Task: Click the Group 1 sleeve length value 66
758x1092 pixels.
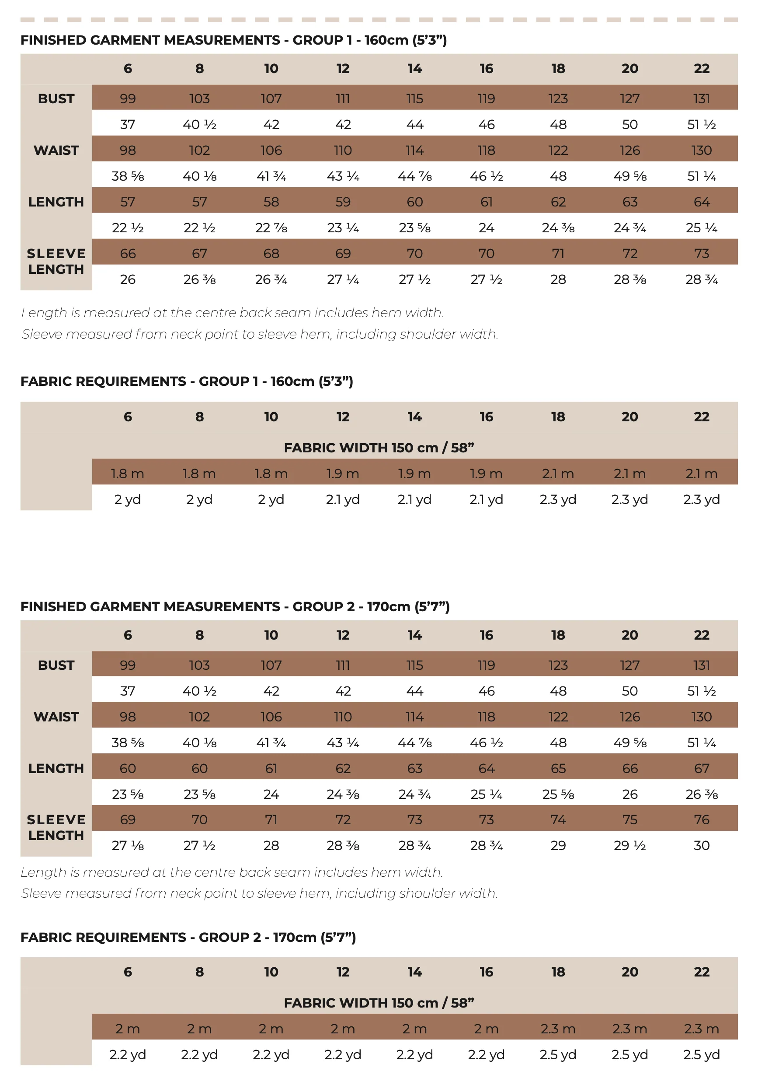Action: [x=128, y=253]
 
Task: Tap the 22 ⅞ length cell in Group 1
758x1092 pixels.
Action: [x=271, y=227]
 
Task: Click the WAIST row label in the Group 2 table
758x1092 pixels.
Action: [x=56, y=717]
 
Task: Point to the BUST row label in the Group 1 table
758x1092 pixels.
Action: [x=56, y=99]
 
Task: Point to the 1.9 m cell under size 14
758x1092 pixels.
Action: [x=414, y=473]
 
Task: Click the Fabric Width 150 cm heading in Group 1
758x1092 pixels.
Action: [x=379, y=448]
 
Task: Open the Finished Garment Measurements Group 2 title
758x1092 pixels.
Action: [x=235, y=606]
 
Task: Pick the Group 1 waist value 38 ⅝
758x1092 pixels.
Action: [x=128, y=176]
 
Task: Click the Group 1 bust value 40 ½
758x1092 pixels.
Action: [x=199, y=125]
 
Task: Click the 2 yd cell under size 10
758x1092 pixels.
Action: [x=271, y=500]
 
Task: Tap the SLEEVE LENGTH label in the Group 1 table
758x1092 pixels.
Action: [x=56, y=261]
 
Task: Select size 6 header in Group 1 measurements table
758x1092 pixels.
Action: [x=128, y=68]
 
